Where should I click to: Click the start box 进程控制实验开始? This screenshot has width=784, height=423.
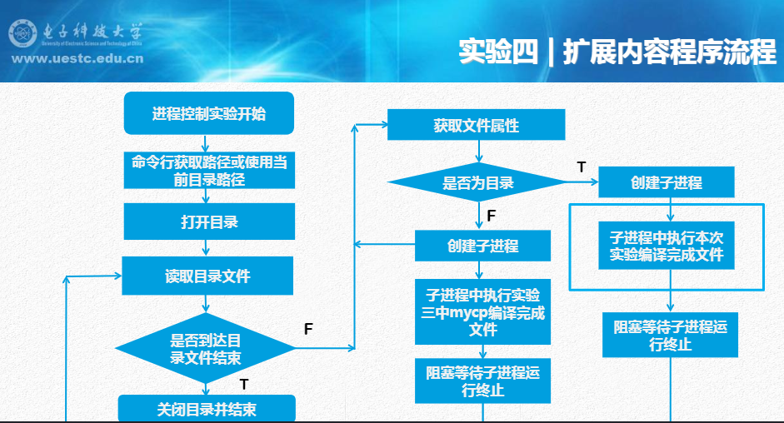[208, 114]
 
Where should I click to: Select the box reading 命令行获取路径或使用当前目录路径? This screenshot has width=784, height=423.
[208, 170]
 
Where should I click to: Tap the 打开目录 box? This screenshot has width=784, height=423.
[208, 222]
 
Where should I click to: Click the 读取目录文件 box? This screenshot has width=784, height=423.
[208, 276]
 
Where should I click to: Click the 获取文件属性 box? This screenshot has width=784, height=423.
[477, 126]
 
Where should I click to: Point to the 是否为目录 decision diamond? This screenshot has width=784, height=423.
[477, 183]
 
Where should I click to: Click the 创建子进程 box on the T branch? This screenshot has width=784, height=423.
[667, 183]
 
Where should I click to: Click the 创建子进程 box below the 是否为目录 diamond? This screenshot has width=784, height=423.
[483, 246]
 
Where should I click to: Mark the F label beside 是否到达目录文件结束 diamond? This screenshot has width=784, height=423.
[308, 329]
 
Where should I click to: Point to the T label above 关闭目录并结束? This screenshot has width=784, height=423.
[243, 384]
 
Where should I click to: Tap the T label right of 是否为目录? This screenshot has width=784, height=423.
[581, 167]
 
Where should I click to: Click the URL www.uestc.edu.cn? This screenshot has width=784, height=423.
[77, 58]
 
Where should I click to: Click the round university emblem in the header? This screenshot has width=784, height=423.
[22, 34]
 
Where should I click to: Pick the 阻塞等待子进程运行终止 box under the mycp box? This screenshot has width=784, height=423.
[483, 381]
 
